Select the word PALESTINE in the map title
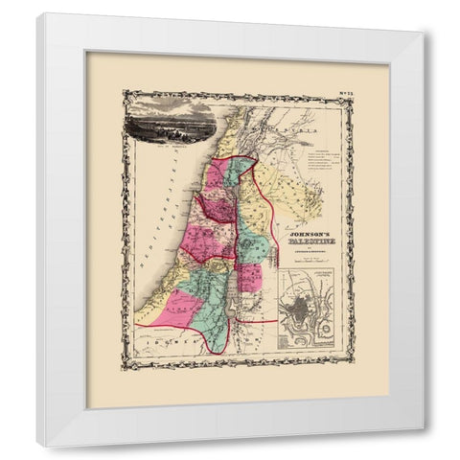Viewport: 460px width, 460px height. pos(301,241)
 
